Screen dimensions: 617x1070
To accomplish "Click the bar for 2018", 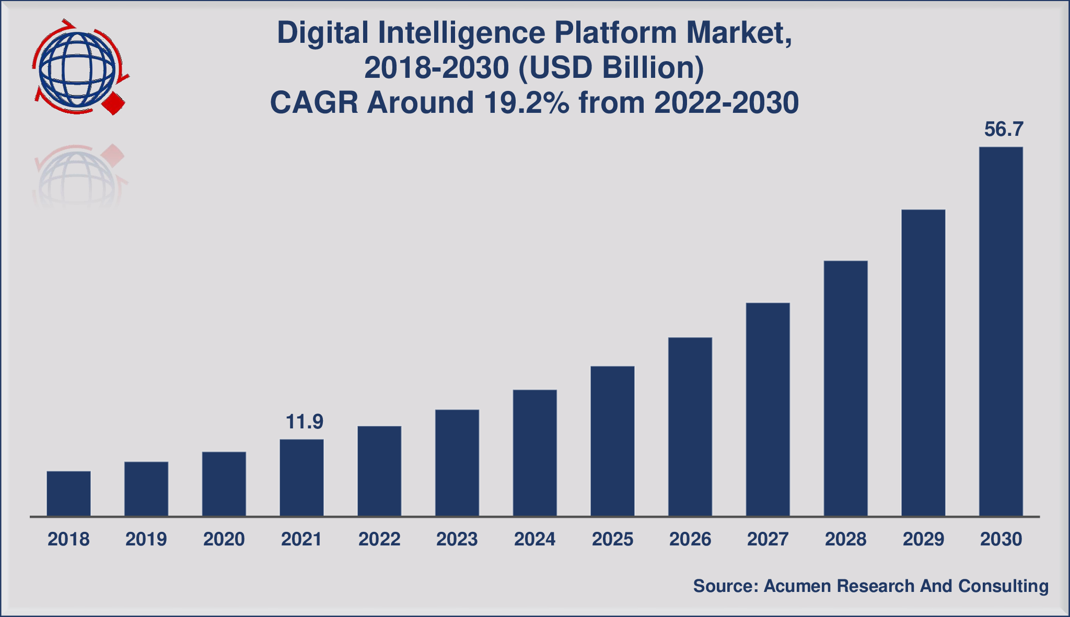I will click(x=68, y=493).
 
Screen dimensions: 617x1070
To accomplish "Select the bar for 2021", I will click(x=301, y=478).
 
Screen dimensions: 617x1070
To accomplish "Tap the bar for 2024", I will click(x=534, y=453).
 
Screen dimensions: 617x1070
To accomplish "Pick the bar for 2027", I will click(x=767, y=410).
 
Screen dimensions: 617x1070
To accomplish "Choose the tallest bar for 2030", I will click(x=1001, y=332).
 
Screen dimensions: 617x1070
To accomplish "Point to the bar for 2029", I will click(x=923, y=363).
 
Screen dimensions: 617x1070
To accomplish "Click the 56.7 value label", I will click(x=1003, y=130).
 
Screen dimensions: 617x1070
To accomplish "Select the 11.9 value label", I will click(x=304, y=422).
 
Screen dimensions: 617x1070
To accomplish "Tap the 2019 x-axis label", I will click(x=146, y=539).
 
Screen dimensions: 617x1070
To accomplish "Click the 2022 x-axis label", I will click(x=379, y=539).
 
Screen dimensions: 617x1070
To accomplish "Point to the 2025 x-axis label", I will click(x=612, y=539).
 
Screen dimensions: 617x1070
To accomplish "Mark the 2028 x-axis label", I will click(x=845, y=539).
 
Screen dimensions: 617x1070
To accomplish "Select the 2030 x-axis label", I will click(x=1001, y=539).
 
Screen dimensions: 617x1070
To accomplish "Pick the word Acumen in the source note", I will click(x=797, y=586).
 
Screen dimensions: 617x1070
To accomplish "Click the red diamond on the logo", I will click(x=114, y=103).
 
